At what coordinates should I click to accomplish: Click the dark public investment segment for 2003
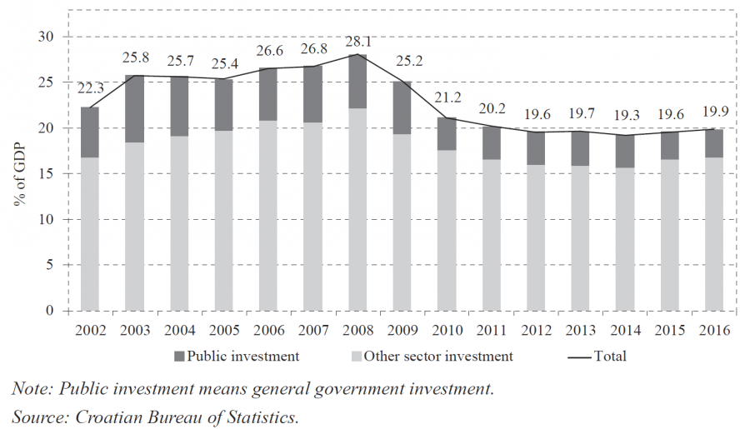tap(135, 108)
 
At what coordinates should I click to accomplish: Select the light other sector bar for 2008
tap(357, 209)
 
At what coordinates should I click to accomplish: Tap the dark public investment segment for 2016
tap(713, 143)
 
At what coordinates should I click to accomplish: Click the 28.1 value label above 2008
tap(357, 42)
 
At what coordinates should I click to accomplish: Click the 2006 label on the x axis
tap(268, 331)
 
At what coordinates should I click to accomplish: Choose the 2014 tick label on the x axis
tap(625, 331)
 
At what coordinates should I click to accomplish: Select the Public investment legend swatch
tap(179, 357)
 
